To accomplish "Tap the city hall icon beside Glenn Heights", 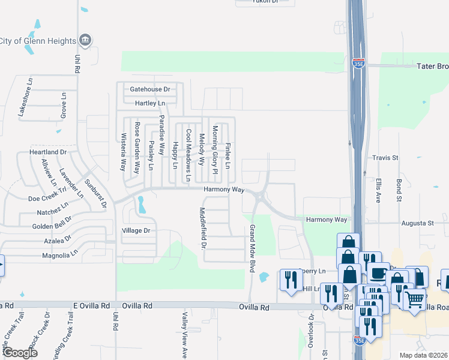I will [85, 40].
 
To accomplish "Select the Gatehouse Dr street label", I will [150, 89].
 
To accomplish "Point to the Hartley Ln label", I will [149, 103].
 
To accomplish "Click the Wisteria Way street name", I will [124, 151].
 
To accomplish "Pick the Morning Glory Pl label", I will [214, 150].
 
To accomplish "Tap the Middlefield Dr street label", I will [203, 228].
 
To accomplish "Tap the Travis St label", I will [385, 158].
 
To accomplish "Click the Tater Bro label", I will [432, 66].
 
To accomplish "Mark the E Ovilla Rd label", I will [92, 305].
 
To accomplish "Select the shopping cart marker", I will [414, 298].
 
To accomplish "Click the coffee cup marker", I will [378, 273].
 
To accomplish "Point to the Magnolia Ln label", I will [58, 254].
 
